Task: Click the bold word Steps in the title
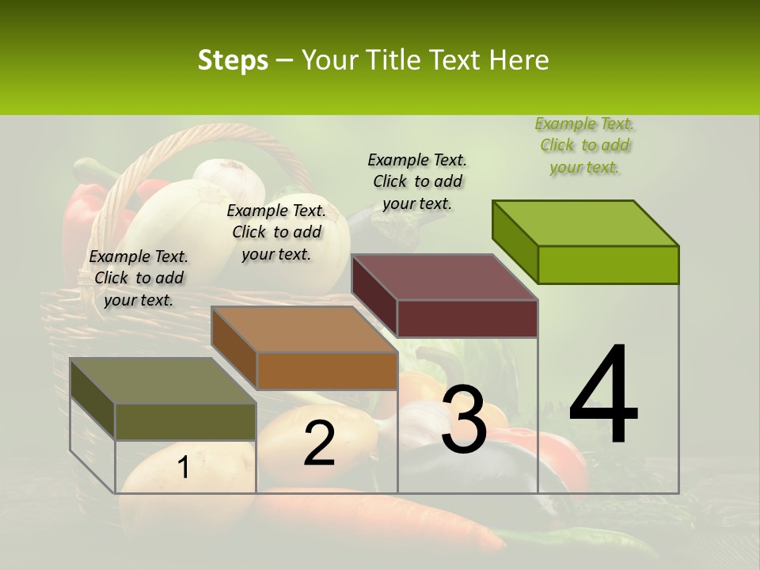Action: tap(233, 60)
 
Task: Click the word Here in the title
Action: tap(519, 60)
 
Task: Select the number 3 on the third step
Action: tap(464, 420)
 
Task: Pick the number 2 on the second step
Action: tap(319, 443)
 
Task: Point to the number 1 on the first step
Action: tap(184, 468)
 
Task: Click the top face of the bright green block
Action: tap(586, 222)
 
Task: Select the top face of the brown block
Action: tap(304, 329)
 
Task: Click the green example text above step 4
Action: tap(584, 146)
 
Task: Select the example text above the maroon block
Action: tap(417, 181)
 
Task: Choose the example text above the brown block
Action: tap(276, 232)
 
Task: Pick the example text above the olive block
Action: tap(138, 278)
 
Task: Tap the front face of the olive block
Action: tap(185, 421)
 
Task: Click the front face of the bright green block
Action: tap(608, 264)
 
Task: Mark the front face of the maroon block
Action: tap(467, 318)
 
